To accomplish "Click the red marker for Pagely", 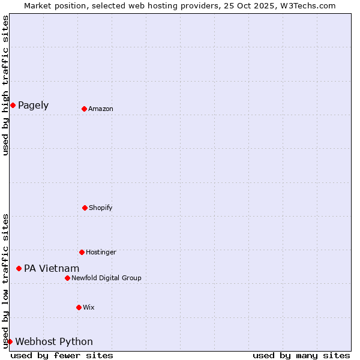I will [x=13, y=106].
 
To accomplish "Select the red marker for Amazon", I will [x=84, y=109].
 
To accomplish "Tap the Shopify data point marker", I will [x=85, y=208].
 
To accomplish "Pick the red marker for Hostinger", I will [x=82, y=252].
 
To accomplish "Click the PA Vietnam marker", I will [x=19, y=268].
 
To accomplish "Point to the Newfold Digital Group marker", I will [x=67, y=278].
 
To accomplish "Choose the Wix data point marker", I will [x=79, y=307].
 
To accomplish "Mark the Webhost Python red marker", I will [x=10, y=341].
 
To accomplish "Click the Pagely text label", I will [x=33, y=106].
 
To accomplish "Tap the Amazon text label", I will [x=101, y=109].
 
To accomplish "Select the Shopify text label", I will [x=101, y=208].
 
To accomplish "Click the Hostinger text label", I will [x=101, y=252].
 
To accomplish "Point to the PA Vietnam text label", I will [x=52, y=268].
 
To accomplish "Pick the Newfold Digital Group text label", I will [x=106, y=278].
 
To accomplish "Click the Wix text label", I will [x=89, y=307].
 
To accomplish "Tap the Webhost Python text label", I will [x=54, y=341].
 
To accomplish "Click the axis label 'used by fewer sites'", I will [x=62, y=355].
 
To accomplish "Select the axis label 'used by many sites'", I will [x=301, y=355].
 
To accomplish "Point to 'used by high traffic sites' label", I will [x=5, y=85].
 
